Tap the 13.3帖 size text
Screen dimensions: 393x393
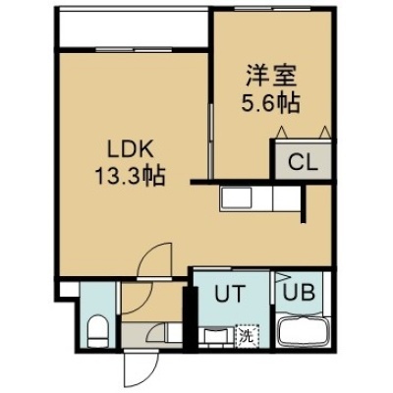130,177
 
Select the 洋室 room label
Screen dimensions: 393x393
271,76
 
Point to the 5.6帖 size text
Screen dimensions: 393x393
271,102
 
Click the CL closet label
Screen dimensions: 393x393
303,163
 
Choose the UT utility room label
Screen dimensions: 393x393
230,294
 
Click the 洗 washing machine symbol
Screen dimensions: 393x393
247,336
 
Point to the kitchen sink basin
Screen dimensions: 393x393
237,197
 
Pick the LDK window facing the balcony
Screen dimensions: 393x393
134,50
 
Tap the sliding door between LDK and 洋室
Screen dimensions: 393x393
211,141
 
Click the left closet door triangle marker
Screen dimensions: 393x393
282,133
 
